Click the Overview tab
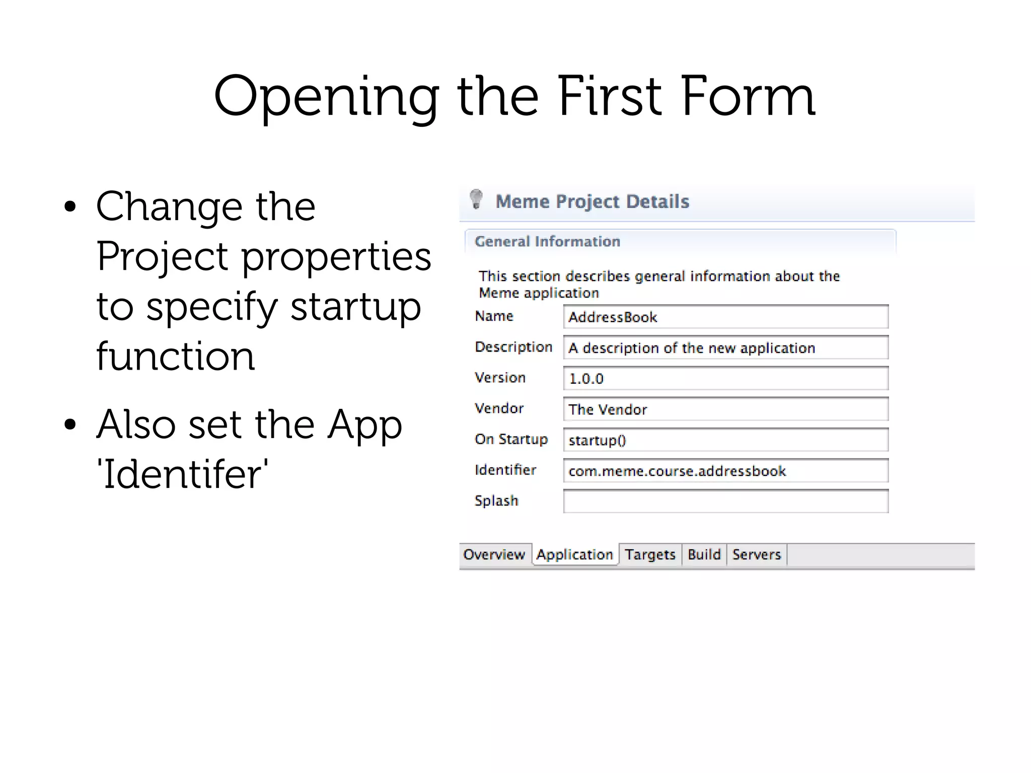pos(494,554)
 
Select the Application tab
pos(574,554)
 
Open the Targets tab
pos(649,554)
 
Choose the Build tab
pos(704,554)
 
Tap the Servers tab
pos(756,554)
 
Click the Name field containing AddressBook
pos(725,317)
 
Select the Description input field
pos(725,348)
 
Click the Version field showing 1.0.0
pos(725,379)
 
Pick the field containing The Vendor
pos(725,409)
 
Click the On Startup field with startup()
pos(725,440)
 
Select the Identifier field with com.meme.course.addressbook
pos(725,471)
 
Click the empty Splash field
pos(725,502)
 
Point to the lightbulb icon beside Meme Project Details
pos(476,199)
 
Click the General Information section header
pos(547,241)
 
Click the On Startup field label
pos(511,439)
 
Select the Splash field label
pos(496,501)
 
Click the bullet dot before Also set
pos(70,425)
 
